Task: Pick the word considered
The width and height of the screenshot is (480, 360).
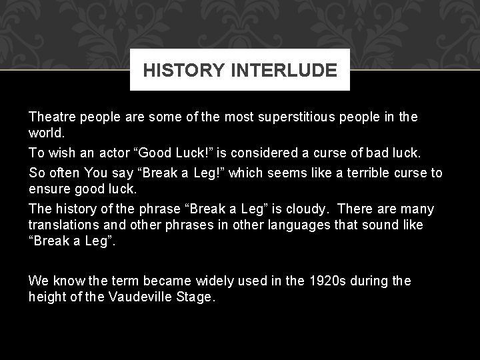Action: pyautogui.click(x=253, y=153)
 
